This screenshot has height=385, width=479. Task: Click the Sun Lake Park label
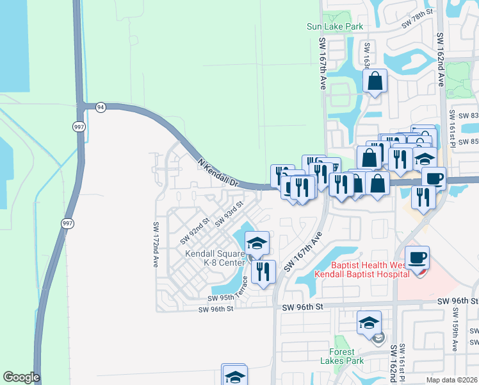click(335, 26)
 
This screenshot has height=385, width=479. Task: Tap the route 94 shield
click(101, 107)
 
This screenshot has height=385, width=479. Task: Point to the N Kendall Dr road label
click(218, 173)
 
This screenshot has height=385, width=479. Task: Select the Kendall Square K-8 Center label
click(215, 258)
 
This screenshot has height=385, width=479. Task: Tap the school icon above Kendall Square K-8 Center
click(257, 243)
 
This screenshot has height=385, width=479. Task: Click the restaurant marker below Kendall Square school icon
click(263, 272)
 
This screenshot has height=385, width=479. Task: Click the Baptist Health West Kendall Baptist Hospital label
click(362, 269)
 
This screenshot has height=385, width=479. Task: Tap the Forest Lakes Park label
click(346, 356)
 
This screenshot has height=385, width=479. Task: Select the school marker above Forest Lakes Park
click(369, 323)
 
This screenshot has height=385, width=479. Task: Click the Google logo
click(21, 377)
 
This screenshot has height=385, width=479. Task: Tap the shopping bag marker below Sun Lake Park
click(375, 81)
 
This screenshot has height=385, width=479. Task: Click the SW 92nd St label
click(195, 231)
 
